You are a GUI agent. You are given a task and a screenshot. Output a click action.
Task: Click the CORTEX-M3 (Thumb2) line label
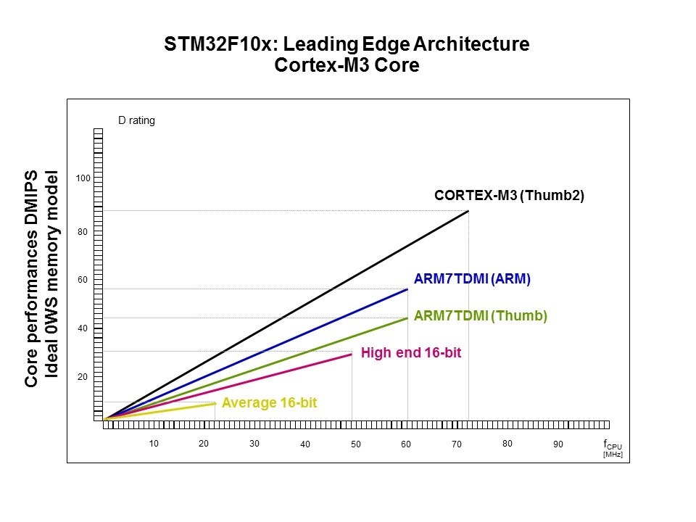click(509, 196)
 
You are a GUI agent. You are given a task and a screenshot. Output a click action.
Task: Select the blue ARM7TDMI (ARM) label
click(472, 278)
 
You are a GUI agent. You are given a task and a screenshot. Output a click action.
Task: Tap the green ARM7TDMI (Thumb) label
click(480, 316)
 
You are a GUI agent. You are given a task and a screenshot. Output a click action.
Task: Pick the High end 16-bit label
click(411, 353)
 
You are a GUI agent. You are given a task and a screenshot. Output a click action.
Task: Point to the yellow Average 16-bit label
click(269, 402)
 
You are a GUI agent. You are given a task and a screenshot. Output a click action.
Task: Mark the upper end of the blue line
click(407, 289)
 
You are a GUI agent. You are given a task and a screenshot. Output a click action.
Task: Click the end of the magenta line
click(352, 354)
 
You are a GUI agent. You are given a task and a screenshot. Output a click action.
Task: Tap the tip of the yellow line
click(215, 403)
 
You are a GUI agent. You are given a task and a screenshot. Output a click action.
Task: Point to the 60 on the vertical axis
click(83, 280)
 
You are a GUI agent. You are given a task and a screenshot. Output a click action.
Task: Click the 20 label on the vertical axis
click(83, 377)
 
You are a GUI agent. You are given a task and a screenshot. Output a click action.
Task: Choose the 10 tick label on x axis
click(154, 444)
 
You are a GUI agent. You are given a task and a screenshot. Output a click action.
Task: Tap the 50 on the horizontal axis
click(356, 444)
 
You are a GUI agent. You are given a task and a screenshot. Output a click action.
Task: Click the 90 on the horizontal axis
click(558, 444)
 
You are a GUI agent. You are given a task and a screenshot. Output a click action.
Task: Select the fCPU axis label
click(612, 444)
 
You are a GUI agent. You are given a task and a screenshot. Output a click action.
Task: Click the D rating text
click(136, 121)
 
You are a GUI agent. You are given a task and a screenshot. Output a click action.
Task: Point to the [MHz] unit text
click(613, 455)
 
